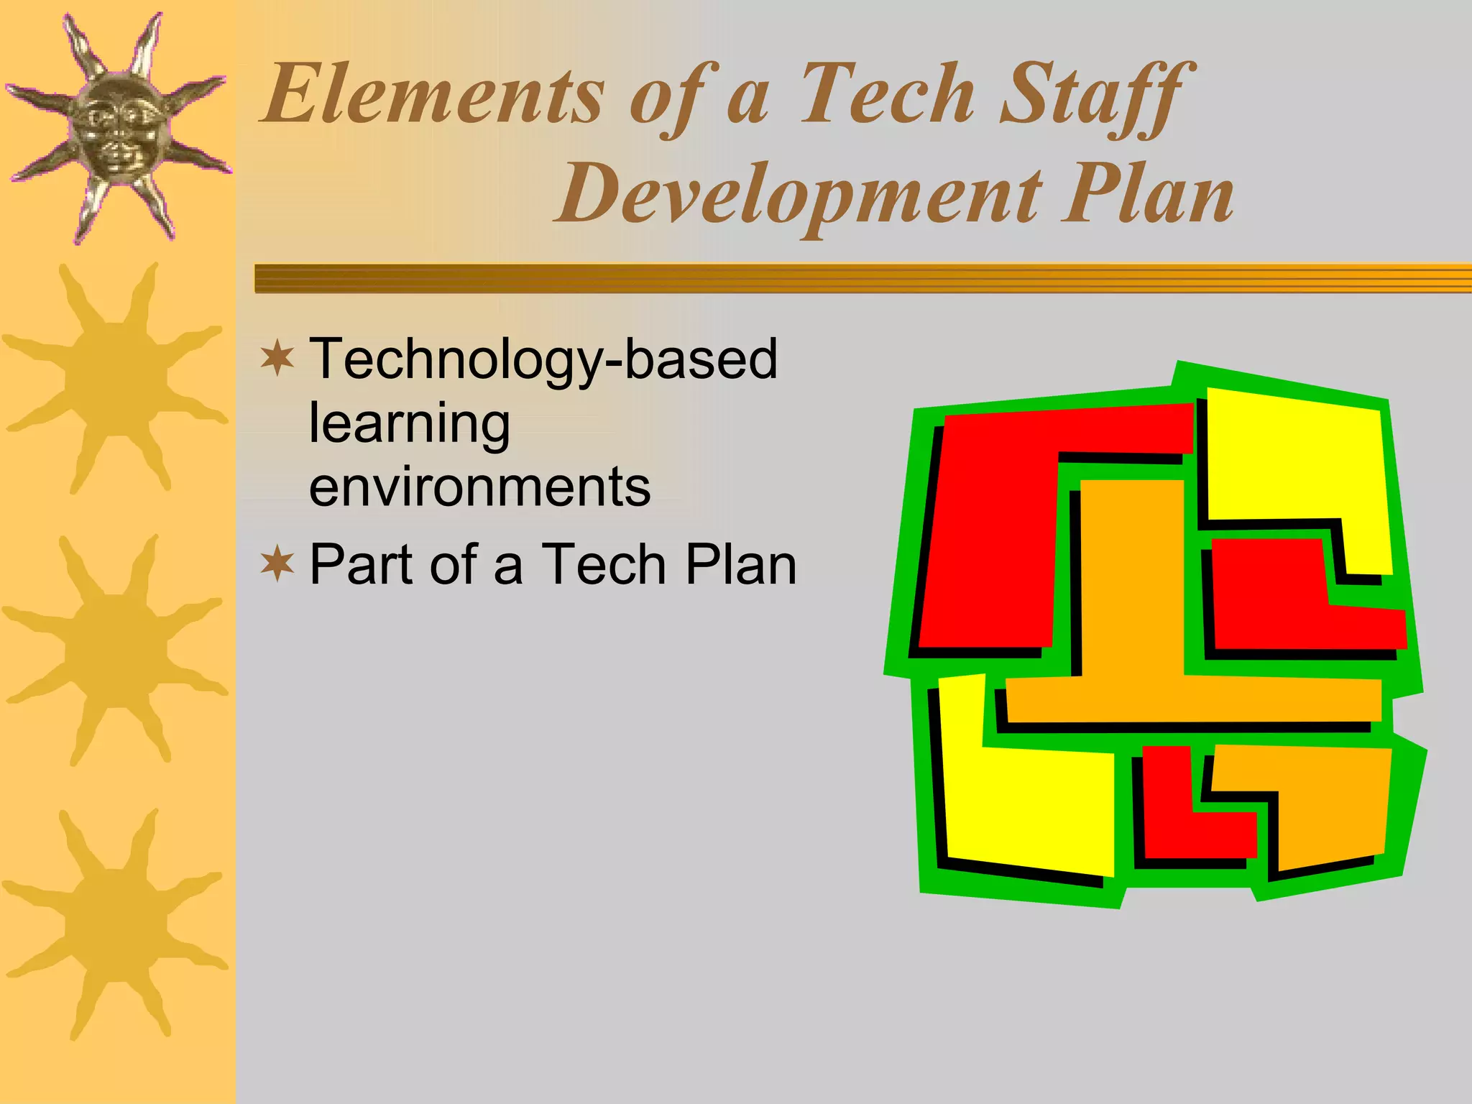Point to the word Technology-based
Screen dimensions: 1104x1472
[543, 359]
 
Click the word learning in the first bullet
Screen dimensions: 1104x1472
[410, 424]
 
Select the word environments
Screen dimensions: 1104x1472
[480, 487]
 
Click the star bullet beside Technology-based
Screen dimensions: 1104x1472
[277, 359]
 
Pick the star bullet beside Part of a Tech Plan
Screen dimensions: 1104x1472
[277, 564]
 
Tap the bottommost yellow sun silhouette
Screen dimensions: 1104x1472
[115, 924]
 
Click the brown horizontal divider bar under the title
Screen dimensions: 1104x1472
[862, 278]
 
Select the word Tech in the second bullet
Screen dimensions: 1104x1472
[603, 565]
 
